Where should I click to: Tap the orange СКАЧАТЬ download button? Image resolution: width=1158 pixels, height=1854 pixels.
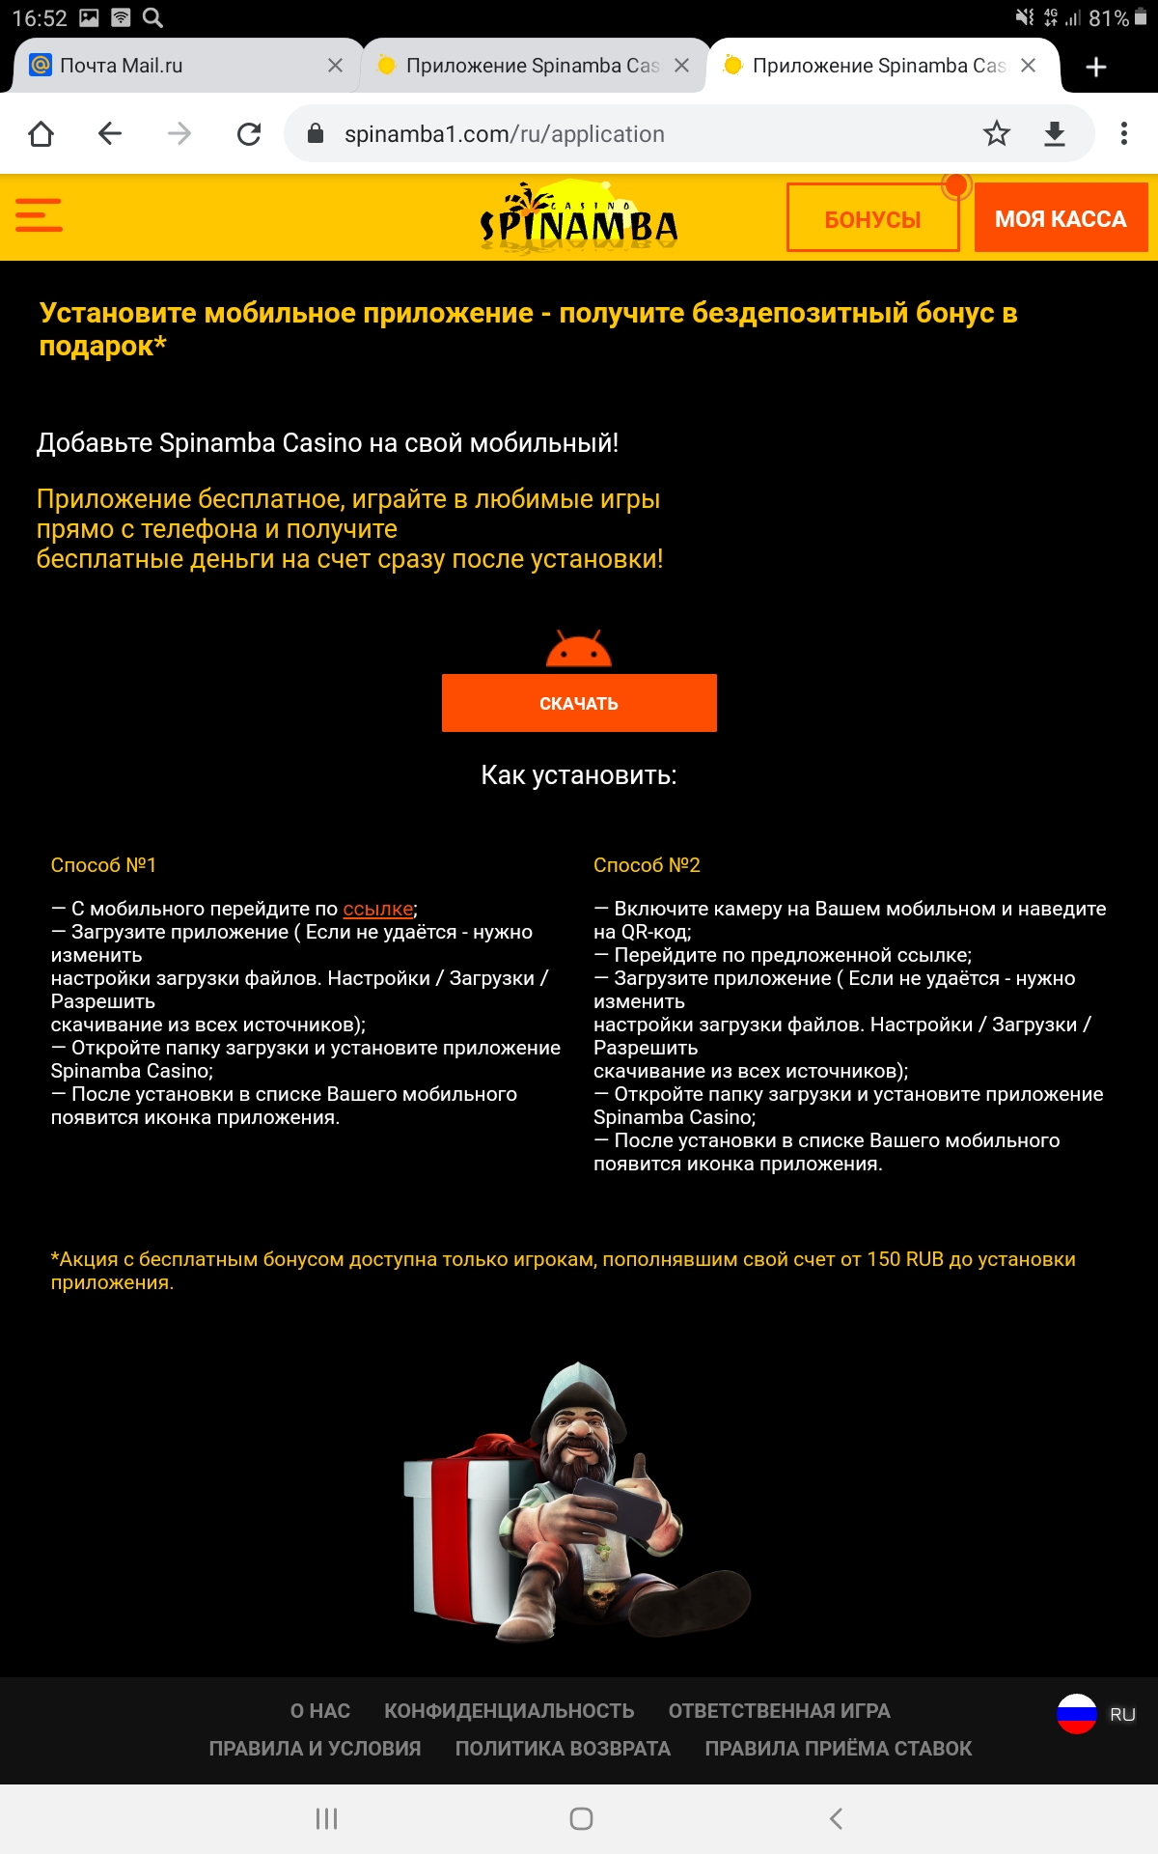(579, 703)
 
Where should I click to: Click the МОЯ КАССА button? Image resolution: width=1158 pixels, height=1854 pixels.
(1061, 218)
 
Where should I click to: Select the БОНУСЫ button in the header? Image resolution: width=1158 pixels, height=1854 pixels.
(872, 219)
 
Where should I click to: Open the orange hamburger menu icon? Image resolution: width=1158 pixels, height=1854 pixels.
(40, 215)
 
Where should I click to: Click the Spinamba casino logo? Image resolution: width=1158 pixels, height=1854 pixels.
(579, 216)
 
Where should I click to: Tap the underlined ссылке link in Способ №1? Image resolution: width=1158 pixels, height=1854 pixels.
(378, 909)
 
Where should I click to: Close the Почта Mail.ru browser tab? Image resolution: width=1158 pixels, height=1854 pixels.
(335, 66)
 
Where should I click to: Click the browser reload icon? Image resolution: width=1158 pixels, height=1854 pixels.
(249, 134)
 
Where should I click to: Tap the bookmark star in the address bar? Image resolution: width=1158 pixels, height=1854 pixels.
(997, 134)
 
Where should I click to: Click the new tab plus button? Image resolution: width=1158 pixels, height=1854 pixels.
(1096, 67)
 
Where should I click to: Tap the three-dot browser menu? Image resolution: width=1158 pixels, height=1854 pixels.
(1124, 134)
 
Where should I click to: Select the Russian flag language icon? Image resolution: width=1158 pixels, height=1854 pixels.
(1077, 1714)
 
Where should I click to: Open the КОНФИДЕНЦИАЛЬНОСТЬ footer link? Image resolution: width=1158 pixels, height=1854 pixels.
(510, 1711)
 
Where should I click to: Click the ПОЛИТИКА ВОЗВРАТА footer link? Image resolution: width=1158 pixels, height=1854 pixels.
(563, 1749)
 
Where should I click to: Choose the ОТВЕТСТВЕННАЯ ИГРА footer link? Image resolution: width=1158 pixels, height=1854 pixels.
(779, 1711)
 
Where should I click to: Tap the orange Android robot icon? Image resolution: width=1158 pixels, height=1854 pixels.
(579, 650)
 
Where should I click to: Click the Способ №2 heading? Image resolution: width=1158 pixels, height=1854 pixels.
(647, 865)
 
